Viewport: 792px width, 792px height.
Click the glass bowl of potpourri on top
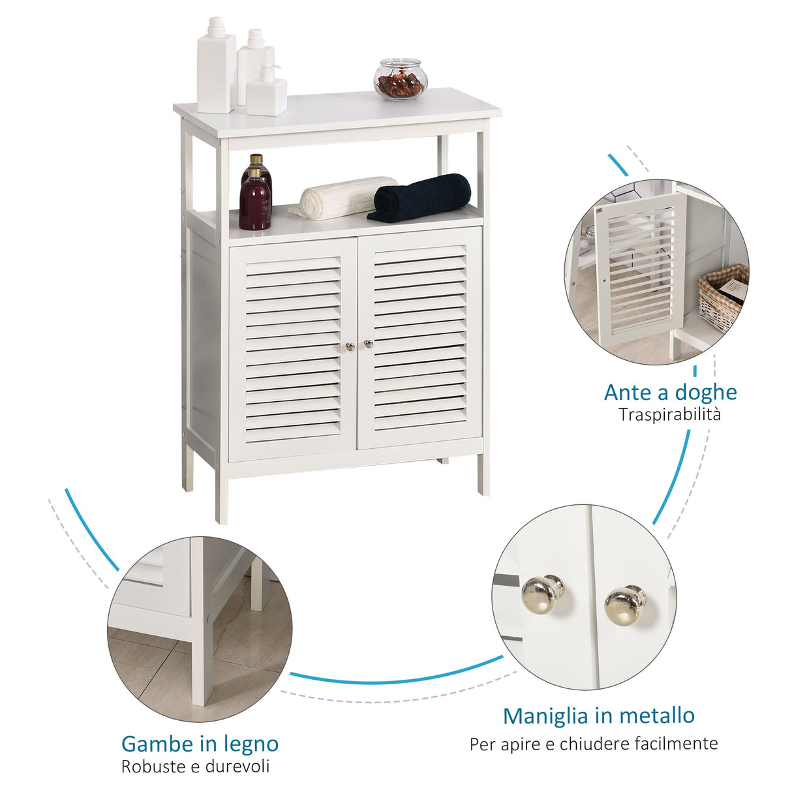point(400,80)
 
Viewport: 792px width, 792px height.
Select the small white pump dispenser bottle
point(266,91)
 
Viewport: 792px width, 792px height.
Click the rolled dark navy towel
point(421,197)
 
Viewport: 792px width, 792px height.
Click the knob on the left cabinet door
point(350,346)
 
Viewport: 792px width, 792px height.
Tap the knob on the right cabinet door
point(369,343)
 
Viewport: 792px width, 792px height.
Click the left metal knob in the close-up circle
point(543,591)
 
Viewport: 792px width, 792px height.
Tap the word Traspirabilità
point(670,414)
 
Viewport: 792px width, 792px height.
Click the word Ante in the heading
point(628,392)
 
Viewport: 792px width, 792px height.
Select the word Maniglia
point(544,716)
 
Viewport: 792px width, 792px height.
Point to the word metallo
point(657,716)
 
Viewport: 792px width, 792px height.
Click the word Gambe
point(154,744)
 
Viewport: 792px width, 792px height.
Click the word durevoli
point(237,767)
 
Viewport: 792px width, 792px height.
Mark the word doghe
point(707,392)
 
